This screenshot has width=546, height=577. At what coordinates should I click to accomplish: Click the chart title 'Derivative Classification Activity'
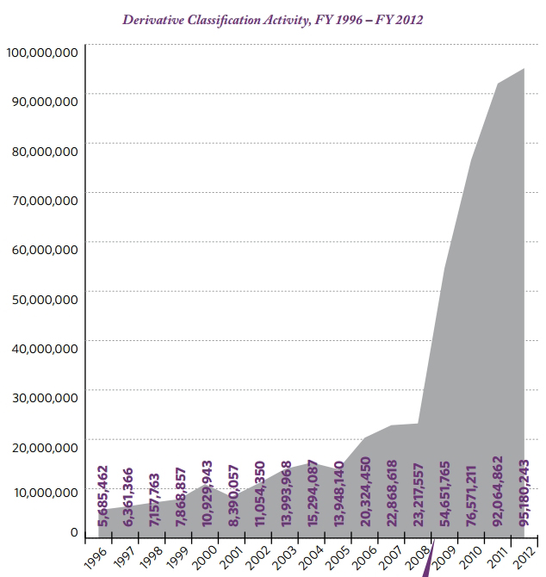[272, 18]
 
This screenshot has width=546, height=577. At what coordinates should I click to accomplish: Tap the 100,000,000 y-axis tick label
[42, 53]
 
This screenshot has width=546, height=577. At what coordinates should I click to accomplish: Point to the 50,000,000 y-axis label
[42, 299]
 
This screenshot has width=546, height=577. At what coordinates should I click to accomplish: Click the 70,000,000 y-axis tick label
[42, 200]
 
